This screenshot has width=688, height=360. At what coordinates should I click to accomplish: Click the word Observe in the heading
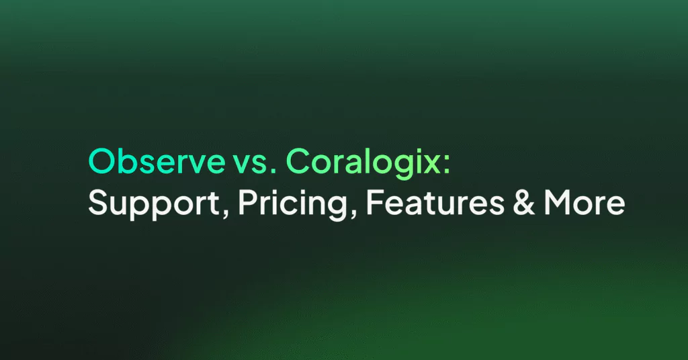[157, 161]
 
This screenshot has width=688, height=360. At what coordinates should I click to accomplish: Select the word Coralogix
[362, 163]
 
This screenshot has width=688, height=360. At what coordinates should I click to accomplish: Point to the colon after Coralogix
[447, 165]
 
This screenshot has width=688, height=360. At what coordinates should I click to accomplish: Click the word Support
[154, 204]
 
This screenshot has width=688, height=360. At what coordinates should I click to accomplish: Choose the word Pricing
[293, 204]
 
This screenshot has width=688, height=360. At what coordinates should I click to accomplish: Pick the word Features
[435, 202]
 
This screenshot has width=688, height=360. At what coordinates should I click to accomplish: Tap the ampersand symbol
[523, 202]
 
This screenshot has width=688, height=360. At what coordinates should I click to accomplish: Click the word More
[585, 202]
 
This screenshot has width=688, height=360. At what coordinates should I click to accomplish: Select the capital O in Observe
[102, 161]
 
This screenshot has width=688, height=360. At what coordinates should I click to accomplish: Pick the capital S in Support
[97, 202]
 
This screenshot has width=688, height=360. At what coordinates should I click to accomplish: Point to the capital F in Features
[374, 202]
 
